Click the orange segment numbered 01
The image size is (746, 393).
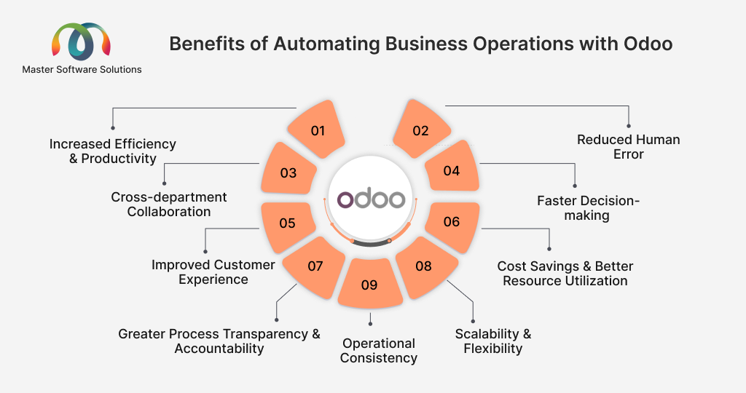[317, 130]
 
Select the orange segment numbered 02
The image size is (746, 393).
[422, 130]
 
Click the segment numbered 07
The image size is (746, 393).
[315, 267]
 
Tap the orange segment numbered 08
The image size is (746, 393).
[425, 267]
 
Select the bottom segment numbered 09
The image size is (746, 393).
[370, 284]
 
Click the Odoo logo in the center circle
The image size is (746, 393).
[371, 199]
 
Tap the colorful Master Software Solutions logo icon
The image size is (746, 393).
[82, 41]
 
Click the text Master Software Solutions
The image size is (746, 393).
[82, 69]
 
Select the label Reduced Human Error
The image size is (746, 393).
[629, 147]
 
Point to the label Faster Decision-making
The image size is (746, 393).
[588, 207]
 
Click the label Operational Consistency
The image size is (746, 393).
[379, 350]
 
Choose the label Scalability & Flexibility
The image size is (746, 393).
[493, 341]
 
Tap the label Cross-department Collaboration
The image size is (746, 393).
[169, 205]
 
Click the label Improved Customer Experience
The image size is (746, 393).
[213, 271]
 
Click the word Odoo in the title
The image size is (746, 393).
[648, 44]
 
